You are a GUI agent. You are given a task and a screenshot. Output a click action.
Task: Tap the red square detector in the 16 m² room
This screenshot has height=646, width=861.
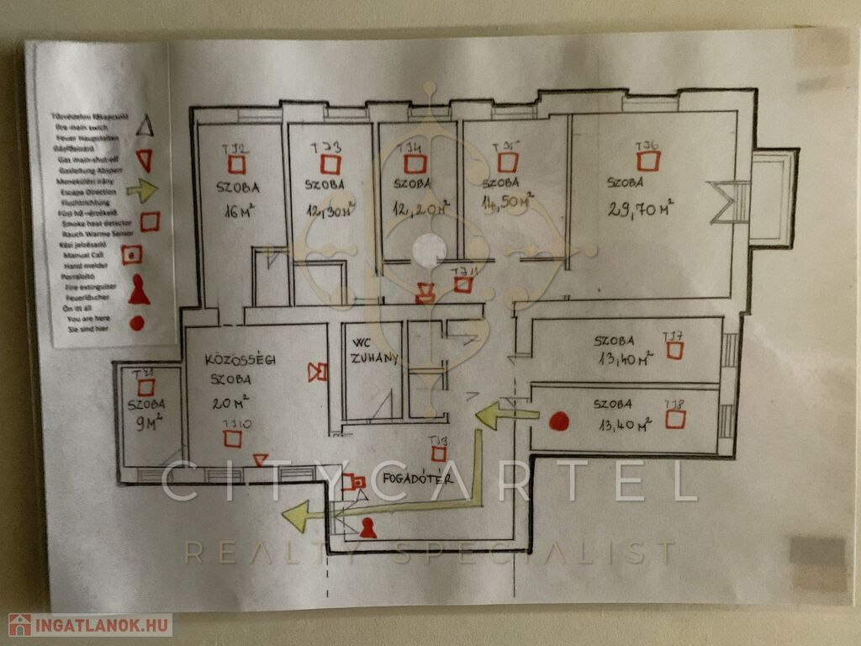point(238,165)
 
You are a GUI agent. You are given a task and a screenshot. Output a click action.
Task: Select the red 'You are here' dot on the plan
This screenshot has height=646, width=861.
point(559,421)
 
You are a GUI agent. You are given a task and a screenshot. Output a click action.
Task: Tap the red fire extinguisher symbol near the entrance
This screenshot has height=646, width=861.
point(367,527)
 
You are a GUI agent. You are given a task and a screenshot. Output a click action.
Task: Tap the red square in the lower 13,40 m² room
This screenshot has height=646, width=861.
point(674,419)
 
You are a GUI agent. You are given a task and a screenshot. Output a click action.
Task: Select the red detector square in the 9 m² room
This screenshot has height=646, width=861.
point(146,387)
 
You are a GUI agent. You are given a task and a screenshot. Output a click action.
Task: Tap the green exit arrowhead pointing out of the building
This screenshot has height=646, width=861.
point(295,516)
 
